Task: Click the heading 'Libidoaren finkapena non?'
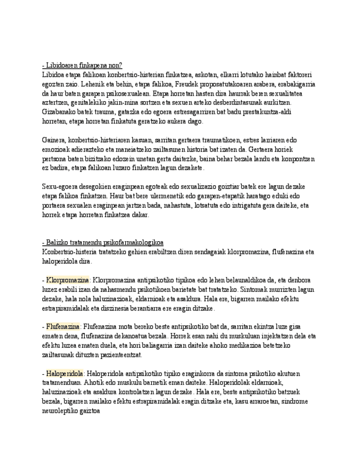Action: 82,64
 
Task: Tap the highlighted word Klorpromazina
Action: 68,279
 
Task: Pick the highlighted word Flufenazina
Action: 63,326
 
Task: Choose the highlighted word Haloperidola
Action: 65,373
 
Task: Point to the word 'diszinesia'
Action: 129,308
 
